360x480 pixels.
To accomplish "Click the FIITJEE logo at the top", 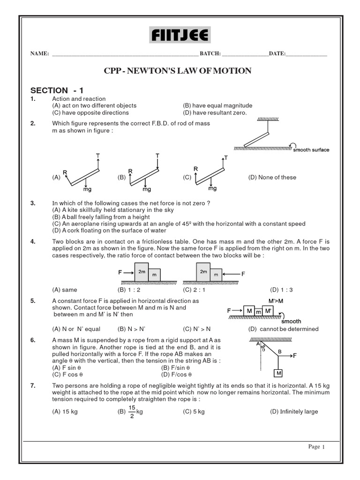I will click(x=180, y=35).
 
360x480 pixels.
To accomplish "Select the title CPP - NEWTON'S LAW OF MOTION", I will click(x=177, y=71).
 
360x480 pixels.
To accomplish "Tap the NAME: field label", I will click(x=40, y=54).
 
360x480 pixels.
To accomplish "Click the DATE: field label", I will click(x=277, y=54).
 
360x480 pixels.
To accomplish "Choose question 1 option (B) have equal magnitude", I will click(x=217, y=105).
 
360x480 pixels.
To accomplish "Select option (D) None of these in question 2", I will click(x=272, y=177).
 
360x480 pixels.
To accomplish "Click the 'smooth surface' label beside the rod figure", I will click(x=311, y=150).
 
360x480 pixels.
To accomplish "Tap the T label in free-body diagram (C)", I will click(x=225, y=158).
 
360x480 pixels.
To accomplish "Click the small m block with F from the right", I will click(x=216, y=275).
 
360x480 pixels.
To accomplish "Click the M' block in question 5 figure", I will click(x=268, y=311).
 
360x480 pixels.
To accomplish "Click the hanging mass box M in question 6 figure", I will click(x=278, y=373).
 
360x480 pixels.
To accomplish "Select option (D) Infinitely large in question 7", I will click(x=294, y=412).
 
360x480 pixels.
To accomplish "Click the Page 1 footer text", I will click(x=316, y=447).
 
